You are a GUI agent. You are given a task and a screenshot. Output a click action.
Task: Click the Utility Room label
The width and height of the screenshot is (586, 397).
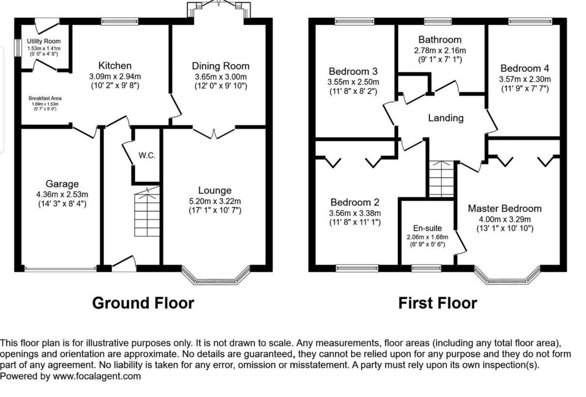coord(44,41)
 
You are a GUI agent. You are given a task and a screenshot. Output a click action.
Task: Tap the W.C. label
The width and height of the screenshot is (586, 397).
coord(147,156)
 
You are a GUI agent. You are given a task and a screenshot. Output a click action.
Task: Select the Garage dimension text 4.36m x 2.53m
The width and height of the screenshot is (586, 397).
coord(62,194)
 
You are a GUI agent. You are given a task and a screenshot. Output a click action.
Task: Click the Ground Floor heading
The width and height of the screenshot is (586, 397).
coord(143,303)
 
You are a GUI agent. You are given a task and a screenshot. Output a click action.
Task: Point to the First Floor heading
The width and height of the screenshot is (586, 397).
coord(437,303)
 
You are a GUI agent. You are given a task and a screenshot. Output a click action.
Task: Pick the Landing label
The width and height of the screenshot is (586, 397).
coord(445,118)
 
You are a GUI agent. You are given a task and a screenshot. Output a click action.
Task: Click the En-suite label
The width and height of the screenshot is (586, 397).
coord(427,228)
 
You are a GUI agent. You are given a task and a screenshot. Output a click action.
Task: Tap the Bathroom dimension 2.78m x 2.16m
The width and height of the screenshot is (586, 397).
coord(439,50)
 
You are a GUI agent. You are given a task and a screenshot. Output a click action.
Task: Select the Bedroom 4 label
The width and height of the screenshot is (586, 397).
coord(524,69)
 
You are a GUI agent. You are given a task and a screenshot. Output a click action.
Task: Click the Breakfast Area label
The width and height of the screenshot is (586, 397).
coord(45,98)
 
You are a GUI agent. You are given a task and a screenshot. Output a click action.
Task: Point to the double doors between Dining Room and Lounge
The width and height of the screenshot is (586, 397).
coord(214,133)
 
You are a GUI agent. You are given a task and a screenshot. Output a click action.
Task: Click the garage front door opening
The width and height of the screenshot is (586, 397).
coord(60,268)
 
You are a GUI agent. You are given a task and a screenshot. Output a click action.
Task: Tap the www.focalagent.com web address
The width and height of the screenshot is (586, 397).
coord(97,376)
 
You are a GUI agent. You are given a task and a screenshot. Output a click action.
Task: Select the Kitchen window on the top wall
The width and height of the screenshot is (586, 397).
coord(120,22)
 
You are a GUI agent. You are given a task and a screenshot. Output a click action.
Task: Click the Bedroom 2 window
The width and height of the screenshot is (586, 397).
coord(357,267)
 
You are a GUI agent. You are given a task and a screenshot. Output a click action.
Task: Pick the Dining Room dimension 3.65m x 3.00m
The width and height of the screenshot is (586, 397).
coord(220,77)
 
